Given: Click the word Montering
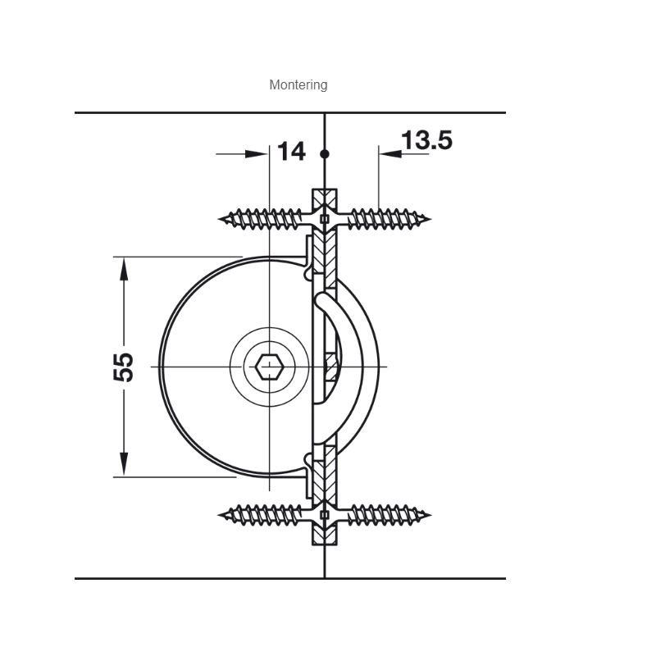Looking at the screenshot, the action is click(x=298, y=85).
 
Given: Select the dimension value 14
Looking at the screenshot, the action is click(x=292, y=152).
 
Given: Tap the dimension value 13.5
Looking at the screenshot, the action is click(x=426, y=139).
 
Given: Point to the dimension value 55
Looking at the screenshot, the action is click(x=124, y=367).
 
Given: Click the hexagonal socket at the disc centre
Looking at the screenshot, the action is click(x=270, y=367).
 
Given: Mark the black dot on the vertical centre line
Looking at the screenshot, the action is click(x=325, y=154).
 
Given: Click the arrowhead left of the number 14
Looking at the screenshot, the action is click(x=256, y=154).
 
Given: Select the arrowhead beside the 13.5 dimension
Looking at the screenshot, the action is click(x=390, y=154).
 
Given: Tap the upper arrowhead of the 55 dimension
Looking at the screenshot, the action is click(x=124, y=269).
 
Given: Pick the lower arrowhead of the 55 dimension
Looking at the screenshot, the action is click(x=124, y=464).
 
